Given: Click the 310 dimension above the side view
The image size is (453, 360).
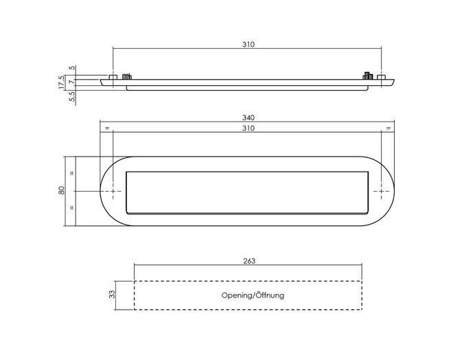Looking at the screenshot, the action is coord(248,45).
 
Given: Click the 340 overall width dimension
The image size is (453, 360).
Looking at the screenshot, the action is coord(248,117).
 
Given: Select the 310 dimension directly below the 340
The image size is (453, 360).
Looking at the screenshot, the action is coord(248,128).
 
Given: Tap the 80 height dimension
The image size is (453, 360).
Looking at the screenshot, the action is coord(62,190).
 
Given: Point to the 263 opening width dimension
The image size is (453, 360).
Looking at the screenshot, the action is coord(249,261).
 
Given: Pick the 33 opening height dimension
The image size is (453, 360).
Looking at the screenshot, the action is coord(112,294).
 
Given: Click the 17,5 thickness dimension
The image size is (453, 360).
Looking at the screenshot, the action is coord(62,82).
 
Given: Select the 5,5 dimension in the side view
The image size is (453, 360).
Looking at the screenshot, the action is coord(72,96).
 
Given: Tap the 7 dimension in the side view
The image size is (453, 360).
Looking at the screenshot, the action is coord(72,82).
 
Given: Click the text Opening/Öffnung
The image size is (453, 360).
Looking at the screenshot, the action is coord(253,295).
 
